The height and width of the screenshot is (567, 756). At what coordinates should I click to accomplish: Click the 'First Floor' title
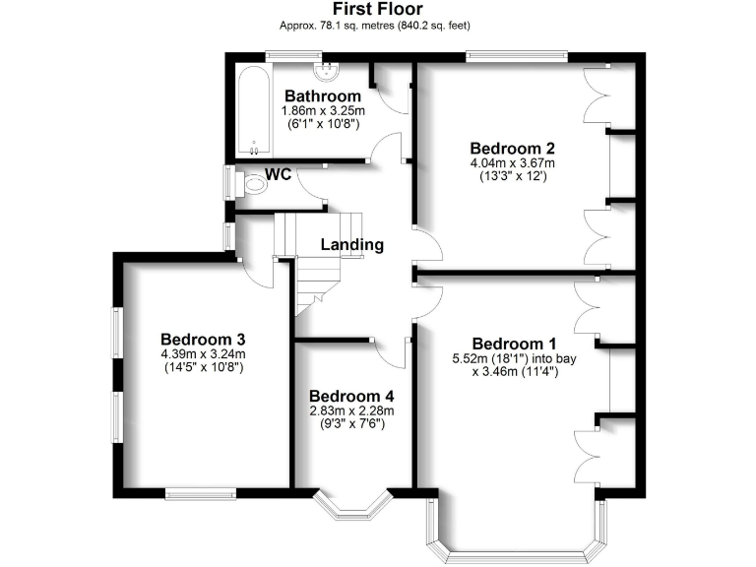point(377,10)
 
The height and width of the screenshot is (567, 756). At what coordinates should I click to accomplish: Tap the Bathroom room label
point(322,95)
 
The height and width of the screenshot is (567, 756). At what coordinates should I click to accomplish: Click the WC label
point(279,175)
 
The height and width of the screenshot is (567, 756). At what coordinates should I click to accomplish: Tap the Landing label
point(352,244)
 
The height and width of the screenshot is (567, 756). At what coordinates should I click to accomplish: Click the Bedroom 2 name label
point(513,148)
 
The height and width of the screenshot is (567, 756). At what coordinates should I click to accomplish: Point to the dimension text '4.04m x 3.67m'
point(513,163)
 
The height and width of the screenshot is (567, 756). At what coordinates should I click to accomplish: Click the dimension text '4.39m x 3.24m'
point(202,353)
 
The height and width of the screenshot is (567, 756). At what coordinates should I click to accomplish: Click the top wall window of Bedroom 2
point(516,55)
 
